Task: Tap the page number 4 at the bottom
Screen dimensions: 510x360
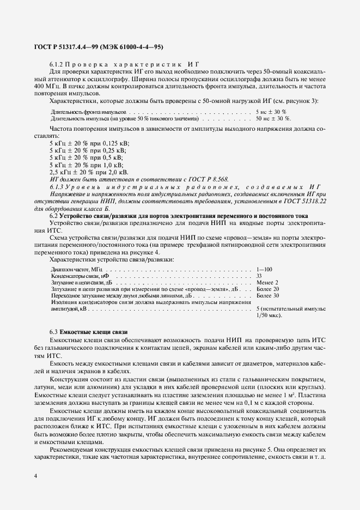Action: (35, 476)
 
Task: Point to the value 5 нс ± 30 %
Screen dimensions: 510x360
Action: (271, 111)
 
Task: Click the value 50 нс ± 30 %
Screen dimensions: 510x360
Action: (273, 118)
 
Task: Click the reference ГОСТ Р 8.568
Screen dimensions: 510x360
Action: (209, 179)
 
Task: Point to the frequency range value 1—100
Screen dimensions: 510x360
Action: (264, 269)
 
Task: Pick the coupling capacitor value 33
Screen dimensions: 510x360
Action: (259, 276)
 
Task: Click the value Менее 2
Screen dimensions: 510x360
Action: (267, 282)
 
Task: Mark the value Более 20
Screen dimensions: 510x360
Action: (267, 289)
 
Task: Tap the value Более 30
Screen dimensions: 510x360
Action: (267, 295)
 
